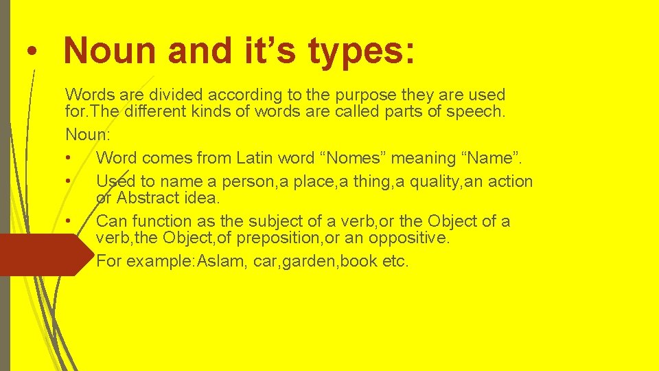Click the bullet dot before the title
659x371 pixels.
click(27, 53)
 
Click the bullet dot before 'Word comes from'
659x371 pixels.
click(69, 159)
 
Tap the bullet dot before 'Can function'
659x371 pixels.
click(69, 221)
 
